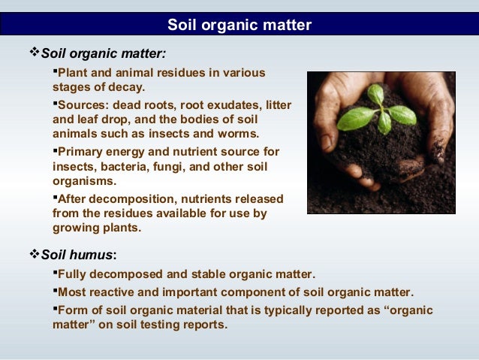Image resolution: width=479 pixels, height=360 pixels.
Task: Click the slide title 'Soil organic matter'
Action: [239, 26]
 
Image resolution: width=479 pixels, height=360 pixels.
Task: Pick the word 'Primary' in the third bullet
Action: [81, 152]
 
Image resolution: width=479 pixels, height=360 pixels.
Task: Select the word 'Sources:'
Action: [83, 105]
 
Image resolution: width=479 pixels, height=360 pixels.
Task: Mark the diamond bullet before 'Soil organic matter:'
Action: [32, 53]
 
